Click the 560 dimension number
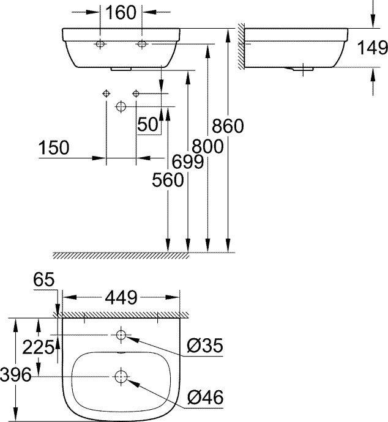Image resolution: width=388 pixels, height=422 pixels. (x=168, y=180)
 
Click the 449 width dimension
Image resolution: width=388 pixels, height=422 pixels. (x=121, y=297)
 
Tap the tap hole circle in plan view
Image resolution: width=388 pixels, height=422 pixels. (x=121, y=335)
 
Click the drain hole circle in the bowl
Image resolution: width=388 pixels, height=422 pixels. (x=121, y=376)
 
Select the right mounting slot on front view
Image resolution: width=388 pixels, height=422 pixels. (x=143, y=44)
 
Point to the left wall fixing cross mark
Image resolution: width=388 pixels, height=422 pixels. (x=106, y=93)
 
